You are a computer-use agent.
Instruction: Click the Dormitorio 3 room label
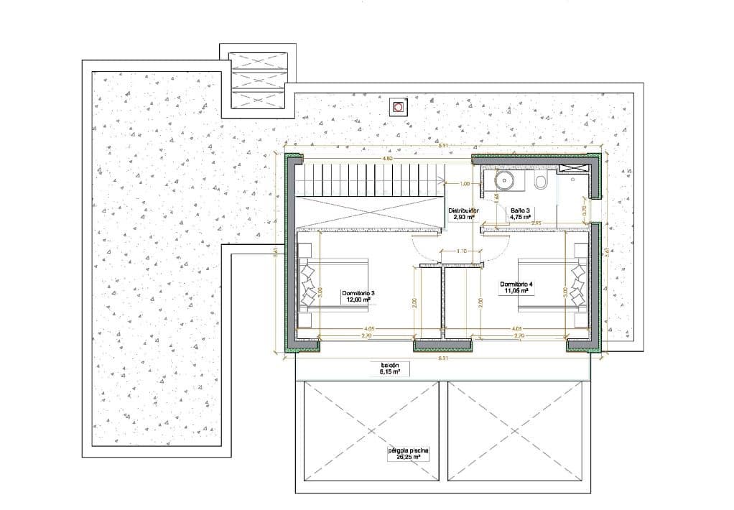pyautogui.click(x=358, y=297)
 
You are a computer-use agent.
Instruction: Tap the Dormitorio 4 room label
pyautogui.click(x=517, y=287)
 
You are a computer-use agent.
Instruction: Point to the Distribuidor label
pyautogui.click(x=463, y=213)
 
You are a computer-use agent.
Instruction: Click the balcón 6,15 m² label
pyautogui.click(x=389, y=368)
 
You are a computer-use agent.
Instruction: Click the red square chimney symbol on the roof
pyautogui.click(x=397, y=108)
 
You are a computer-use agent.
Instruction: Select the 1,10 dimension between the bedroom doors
pyautogui.click(x=462, y=251)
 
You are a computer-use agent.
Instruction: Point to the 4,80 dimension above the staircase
pyautogui.click(x=386, y=158)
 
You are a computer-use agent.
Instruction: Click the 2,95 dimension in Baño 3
pyautogui.click(x=536, y=223)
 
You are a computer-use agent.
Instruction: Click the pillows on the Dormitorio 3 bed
pyautogui.click(x=310, y=284)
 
